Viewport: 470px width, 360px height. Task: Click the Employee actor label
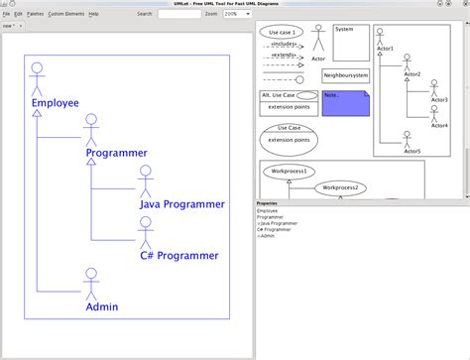55,102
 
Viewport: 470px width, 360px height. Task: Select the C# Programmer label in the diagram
179,255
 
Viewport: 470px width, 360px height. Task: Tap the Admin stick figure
91,282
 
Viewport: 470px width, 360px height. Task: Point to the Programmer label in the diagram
116,153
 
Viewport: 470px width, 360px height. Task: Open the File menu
5,14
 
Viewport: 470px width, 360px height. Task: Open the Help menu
93,14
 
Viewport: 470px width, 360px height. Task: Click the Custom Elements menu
66,14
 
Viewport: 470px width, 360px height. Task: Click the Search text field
178,15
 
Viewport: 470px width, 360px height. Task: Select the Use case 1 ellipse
281,32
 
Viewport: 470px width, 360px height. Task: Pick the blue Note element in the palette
345,102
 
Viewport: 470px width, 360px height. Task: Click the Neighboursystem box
346,75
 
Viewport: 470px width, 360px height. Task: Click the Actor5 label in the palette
411,152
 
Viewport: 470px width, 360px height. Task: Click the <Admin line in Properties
267,236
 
